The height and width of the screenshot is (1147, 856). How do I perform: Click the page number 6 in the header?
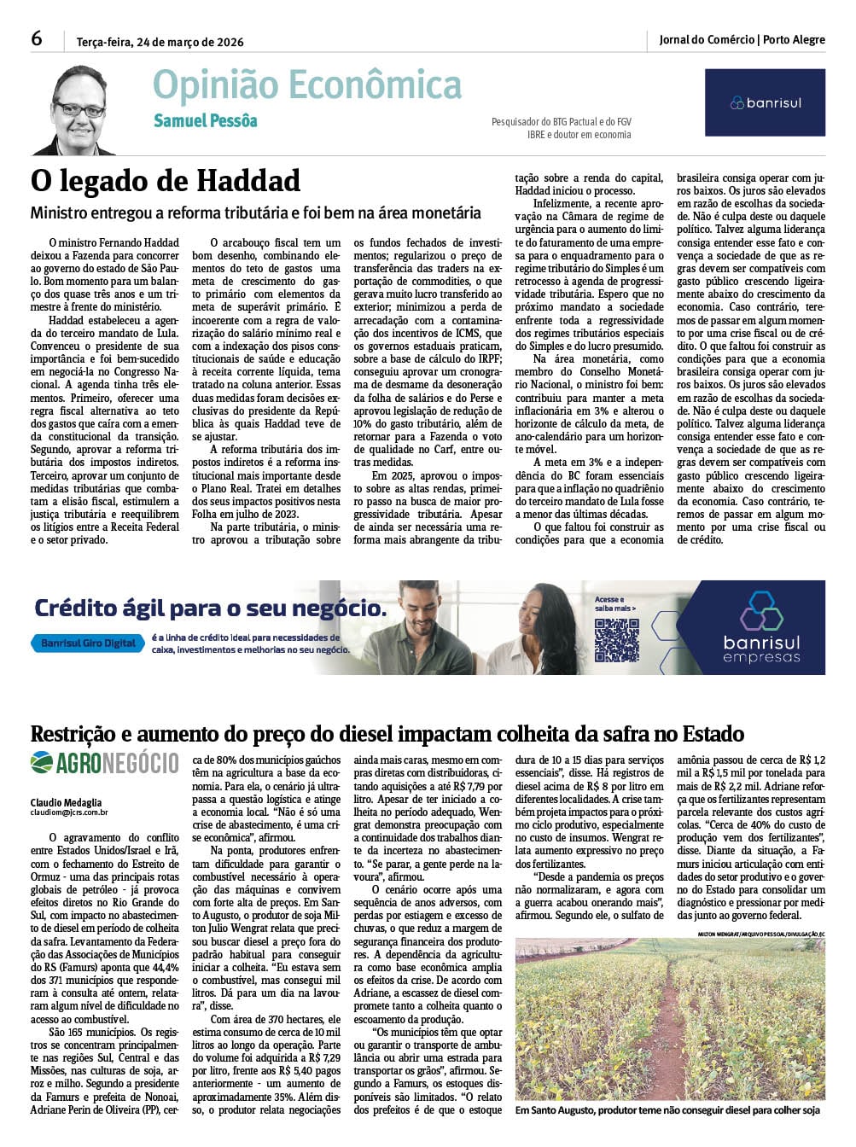pos(37,39)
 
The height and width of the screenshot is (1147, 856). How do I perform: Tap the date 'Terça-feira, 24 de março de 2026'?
pos(160,42)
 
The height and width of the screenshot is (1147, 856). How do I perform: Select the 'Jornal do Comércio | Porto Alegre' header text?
pos(742,40)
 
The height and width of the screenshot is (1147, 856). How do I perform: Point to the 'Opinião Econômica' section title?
pos(306,86)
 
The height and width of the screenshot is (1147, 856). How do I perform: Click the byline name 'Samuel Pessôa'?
pos(205,121)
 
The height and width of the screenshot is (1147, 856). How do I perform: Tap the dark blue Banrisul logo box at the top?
pos(765,103)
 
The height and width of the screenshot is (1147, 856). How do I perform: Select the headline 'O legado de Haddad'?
pos(166,181)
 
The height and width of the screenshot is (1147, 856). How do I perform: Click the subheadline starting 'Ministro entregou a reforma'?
pos(256,213)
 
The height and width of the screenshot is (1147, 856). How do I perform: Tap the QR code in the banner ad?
pos(616,640)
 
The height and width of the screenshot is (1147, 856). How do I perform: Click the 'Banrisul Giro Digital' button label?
pos(89,643)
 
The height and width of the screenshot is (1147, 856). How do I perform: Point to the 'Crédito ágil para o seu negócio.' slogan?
pos(210,608)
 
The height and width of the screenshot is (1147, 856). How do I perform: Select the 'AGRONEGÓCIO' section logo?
pos(104,762)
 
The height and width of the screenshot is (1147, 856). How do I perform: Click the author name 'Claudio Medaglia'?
pos(66,802)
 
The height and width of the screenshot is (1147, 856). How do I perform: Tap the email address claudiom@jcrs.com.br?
pos(69,813)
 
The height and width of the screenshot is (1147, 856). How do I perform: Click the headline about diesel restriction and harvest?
pos(387,734)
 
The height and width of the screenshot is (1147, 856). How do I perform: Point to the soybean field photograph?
pos(670,1019)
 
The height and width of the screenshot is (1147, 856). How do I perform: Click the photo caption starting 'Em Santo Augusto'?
pos(667,1110)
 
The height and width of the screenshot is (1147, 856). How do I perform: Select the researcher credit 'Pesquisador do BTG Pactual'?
pos(561,122)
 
